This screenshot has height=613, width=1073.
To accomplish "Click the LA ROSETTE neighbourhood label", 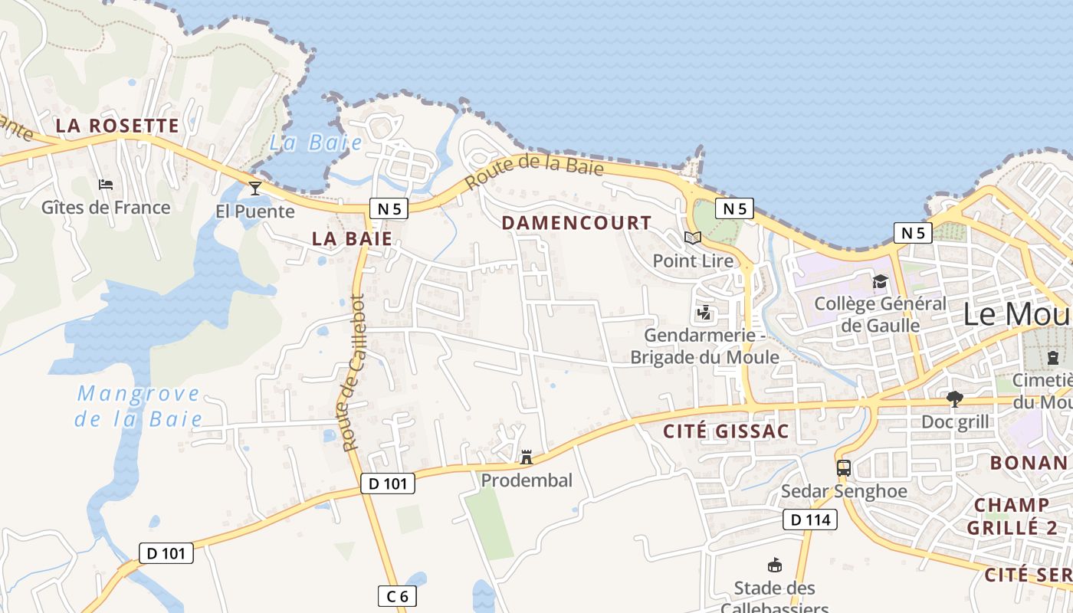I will pos(117,126).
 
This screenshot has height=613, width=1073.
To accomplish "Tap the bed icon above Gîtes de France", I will pos(106,185).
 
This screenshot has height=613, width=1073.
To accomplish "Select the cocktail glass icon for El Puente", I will pos(255,188).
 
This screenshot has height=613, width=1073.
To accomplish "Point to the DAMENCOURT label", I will pos(576,223).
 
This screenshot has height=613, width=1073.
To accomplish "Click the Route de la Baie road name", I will pos(534,170).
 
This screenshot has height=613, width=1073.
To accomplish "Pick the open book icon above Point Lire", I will pos(693,238).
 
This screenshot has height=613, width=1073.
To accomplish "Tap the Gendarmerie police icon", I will pos(704,313).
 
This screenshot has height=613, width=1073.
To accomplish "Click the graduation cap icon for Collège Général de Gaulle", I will pos(880,282).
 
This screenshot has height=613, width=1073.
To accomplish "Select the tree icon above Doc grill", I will pos(954,398).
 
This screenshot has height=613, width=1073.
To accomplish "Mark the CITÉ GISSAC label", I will pos(725,431).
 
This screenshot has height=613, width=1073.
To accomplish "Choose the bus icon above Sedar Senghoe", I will pos(844,467).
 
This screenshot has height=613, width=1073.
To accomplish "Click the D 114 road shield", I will pos(810,520).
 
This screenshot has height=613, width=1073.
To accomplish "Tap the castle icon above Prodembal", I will pos(527,457).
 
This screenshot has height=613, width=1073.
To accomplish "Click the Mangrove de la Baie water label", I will pos(139,407).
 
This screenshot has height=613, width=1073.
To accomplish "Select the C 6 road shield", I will pos(396,595).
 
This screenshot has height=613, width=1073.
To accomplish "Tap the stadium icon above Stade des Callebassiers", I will pos(774,565).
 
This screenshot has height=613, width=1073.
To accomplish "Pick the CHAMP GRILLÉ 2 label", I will pos(1012,516).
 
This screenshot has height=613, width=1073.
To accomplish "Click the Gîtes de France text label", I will pos(106,208).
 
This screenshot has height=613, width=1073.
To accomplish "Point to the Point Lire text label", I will pos(693,261).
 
